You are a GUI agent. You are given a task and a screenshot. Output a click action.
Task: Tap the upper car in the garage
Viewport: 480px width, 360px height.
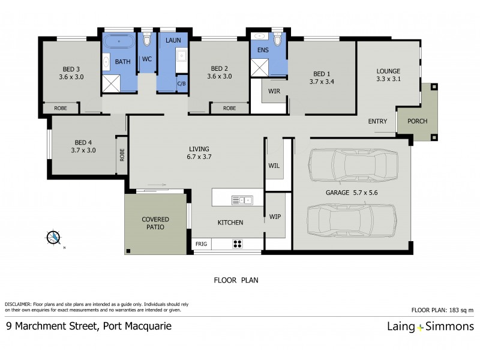pos(353,166)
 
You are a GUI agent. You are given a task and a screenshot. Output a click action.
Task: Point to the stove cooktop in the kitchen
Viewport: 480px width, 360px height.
pos(237,244)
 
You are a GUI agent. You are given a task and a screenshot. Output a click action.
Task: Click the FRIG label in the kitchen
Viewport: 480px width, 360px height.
pos(201,244)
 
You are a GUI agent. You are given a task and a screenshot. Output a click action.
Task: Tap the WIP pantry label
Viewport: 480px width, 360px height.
pos(275,216)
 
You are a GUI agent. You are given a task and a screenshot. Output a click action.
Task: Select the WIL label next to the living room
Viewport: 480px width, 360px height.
pos(274,165)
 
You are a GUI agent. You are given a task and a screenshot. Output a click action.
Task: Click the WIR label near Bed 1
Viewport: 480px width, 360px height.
pos(275,91)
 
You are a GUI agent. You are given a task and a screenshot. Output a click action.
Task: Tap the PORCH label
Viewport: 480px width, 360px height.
pos(417,121)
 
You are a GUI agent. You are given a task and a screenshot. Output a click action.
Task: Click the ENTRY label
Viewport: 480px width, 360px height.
pos(377,122)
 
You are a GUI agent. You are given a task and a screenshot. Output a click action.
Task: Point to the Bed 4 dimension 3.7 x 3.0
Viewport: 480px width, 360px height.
pos(83,151)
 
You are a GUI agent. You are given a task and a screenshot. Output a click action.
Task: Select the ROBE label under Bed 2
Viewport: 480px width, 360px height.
pos(229,109)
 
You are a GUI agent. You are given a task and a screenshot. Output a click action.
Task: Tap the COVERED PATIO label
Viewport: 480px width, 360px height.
pos(155,223)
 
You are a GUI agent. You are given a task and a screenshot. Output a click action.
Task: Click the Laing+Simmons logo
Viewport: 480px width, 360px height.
pos(430,327)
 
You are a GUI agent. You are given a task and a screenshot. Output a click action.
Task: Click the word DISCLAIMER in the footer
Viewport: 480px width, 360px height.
pos(20,305)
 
